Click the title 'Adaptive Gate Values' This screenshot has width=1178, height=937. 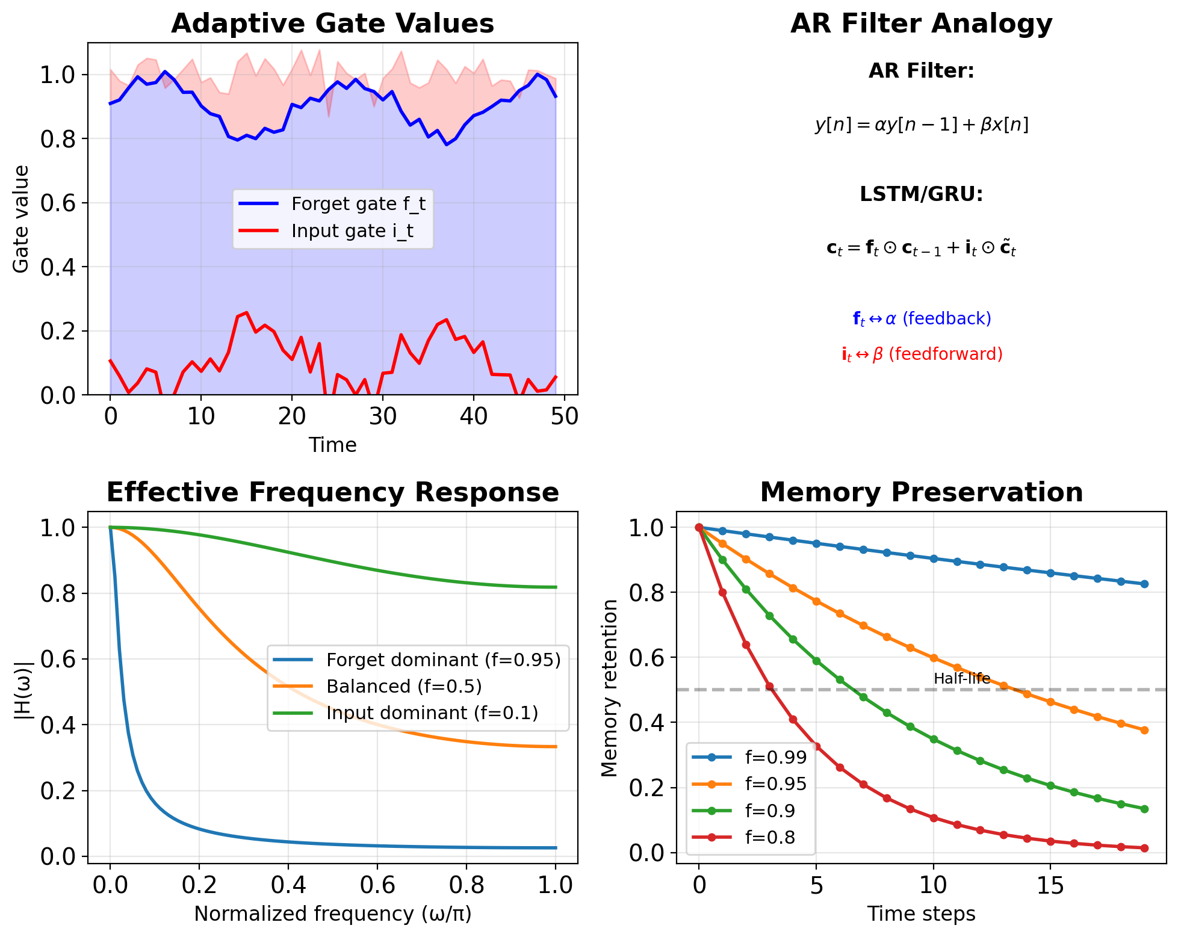click(x=332, y=24)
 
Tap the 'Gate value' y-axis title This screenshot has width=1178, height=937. click(x=21, y=219)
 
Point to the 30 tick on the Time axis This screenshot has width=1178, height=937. click(x=383, y=416)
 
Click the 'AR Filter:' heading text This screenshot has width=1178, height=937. click(x=921, y=71)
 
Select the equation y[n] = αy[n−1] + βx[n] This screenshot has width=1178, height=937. click(x=921, y=125)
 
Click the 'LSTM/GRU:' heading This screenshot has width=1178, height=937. click(x=921, y=194)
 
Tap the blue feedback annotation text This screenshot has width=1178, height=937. click(x=921, y=318)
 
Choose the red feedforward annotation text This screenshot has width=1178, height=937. click(x=921, y=354)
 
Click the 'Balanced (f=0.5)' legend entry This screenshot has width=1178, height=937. click(x=404, y=687)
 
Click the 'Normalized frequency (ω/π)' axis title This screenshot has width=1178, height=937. click(x=332, y=914)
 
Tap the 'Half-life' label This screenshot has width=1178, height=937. click(x=961, y=679)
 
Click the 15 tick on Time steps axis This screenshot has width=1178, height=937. click(x=1050, y=885)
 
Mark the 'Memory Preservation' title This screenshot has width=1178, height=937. click(x=921, y=492)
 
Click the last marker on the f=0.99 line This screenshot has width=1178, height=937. click(x=1144, y=584)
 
